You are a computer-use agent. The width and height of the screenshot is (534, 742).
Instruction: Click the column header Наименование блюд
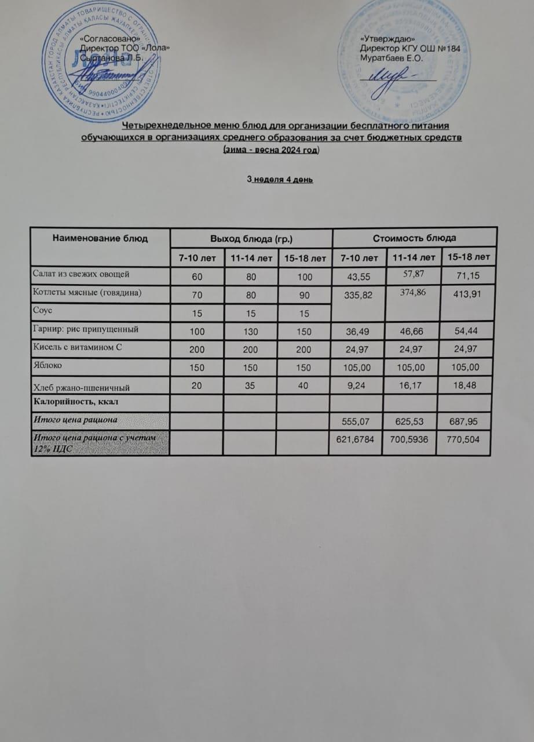[101, 238]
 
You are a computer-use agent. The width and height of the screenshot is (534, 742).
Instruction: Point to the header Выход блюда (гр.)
[251, 238]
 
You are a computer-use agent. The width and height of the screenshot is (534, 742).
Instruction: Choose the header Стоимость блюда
[414, 238]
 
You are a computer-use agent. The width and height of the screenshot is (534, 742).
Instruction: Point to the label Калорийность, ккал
[72, 401]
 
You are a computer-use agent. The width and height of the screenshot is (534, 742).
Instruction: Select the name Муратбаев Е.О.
[392, 58]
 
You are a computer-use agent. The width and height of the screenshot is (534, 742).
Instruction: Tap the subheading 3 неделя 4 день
[280, 180]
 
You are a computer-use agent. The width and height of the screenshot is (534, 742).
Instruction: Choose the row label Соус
[43, 310]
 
